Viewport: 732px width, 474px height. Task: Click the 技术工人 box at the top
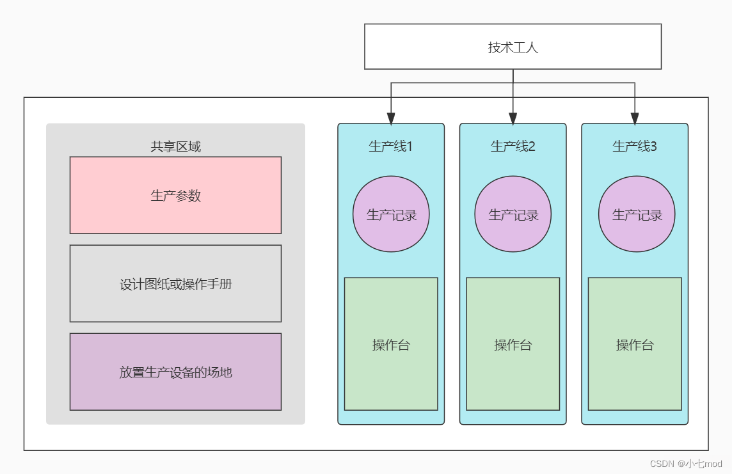tap(513, 47)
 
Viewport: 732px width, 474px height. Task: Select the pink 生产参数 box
tap(175, 195)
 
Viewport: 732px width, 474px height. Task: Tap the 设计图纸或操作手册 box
tap(175, 283)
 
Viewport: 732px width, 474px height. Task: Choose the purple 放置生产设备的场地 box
tap(175, 372)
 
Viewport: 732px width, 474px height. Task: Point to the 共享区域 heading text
tap(175, 146)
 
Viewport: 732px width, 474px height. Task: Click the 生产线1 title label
tap(390, 146)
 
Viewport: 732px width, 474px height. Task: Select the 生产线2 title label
tap(513, 146)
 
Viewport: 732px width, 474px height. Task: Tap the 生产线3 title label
tap(634, 146)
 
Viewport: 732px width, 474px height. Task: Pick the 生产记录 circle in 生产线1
tap(391, 214)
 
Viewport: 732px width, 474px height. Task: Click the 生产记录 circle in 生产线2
tap(513, 214)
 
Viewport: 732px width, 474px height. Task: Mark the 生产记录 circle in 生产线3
tap(637, 214)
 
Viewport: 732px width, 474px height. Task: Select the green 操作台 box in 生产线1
tap(391, 344)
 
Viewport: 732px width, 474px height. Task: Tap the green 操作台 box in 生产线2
tap(513, 344)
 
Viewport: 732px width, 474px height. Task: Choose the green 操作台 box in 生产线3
tap(635, 344)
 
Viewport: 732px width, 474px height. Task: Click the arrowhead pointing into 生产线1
tap(391, 118)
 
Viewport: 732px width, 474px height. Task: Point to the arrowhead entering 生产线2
tap(513, 118)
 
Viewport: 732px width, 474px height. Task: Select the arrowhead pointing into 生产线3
tap(635, 118)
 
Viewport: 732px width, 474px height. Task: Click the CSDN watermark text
tap(685, 463)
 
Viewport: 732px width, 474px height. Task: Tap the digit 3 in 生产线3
tap(653, 146)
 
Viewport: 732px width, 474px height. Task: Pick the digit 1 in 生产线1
tap(410, 146)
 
